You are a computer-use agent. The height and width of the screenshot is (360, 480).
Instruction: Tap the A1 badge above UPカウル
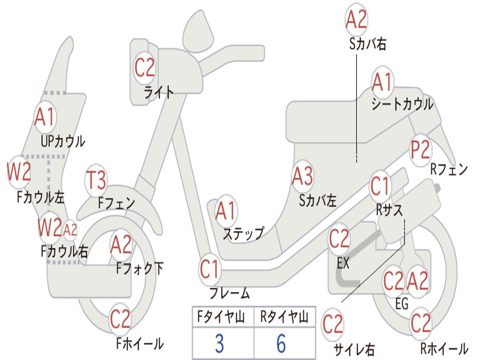45,117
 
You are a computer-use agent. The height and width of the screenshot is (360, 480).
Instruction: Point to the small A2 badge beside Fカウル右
70,230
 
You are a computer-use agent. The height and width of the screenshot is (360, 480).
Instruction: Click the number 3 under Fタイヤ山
219,344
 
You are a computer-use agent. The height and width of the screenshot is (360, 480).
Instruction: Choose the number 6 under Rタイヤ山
281,344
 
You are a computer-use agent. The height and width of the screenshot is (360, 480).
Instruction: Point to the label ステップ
243,233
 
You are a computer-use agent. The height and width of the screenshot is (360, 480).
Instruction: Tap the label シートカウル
402,105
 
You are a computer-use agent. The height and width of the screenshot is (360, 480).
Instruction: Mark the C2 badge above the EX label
339,240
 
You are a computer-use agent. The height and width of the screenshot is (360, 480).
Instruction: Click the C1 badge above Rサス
380,187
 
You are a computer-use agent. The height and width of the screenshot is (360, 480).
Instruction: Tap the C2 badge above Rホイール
420,323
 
